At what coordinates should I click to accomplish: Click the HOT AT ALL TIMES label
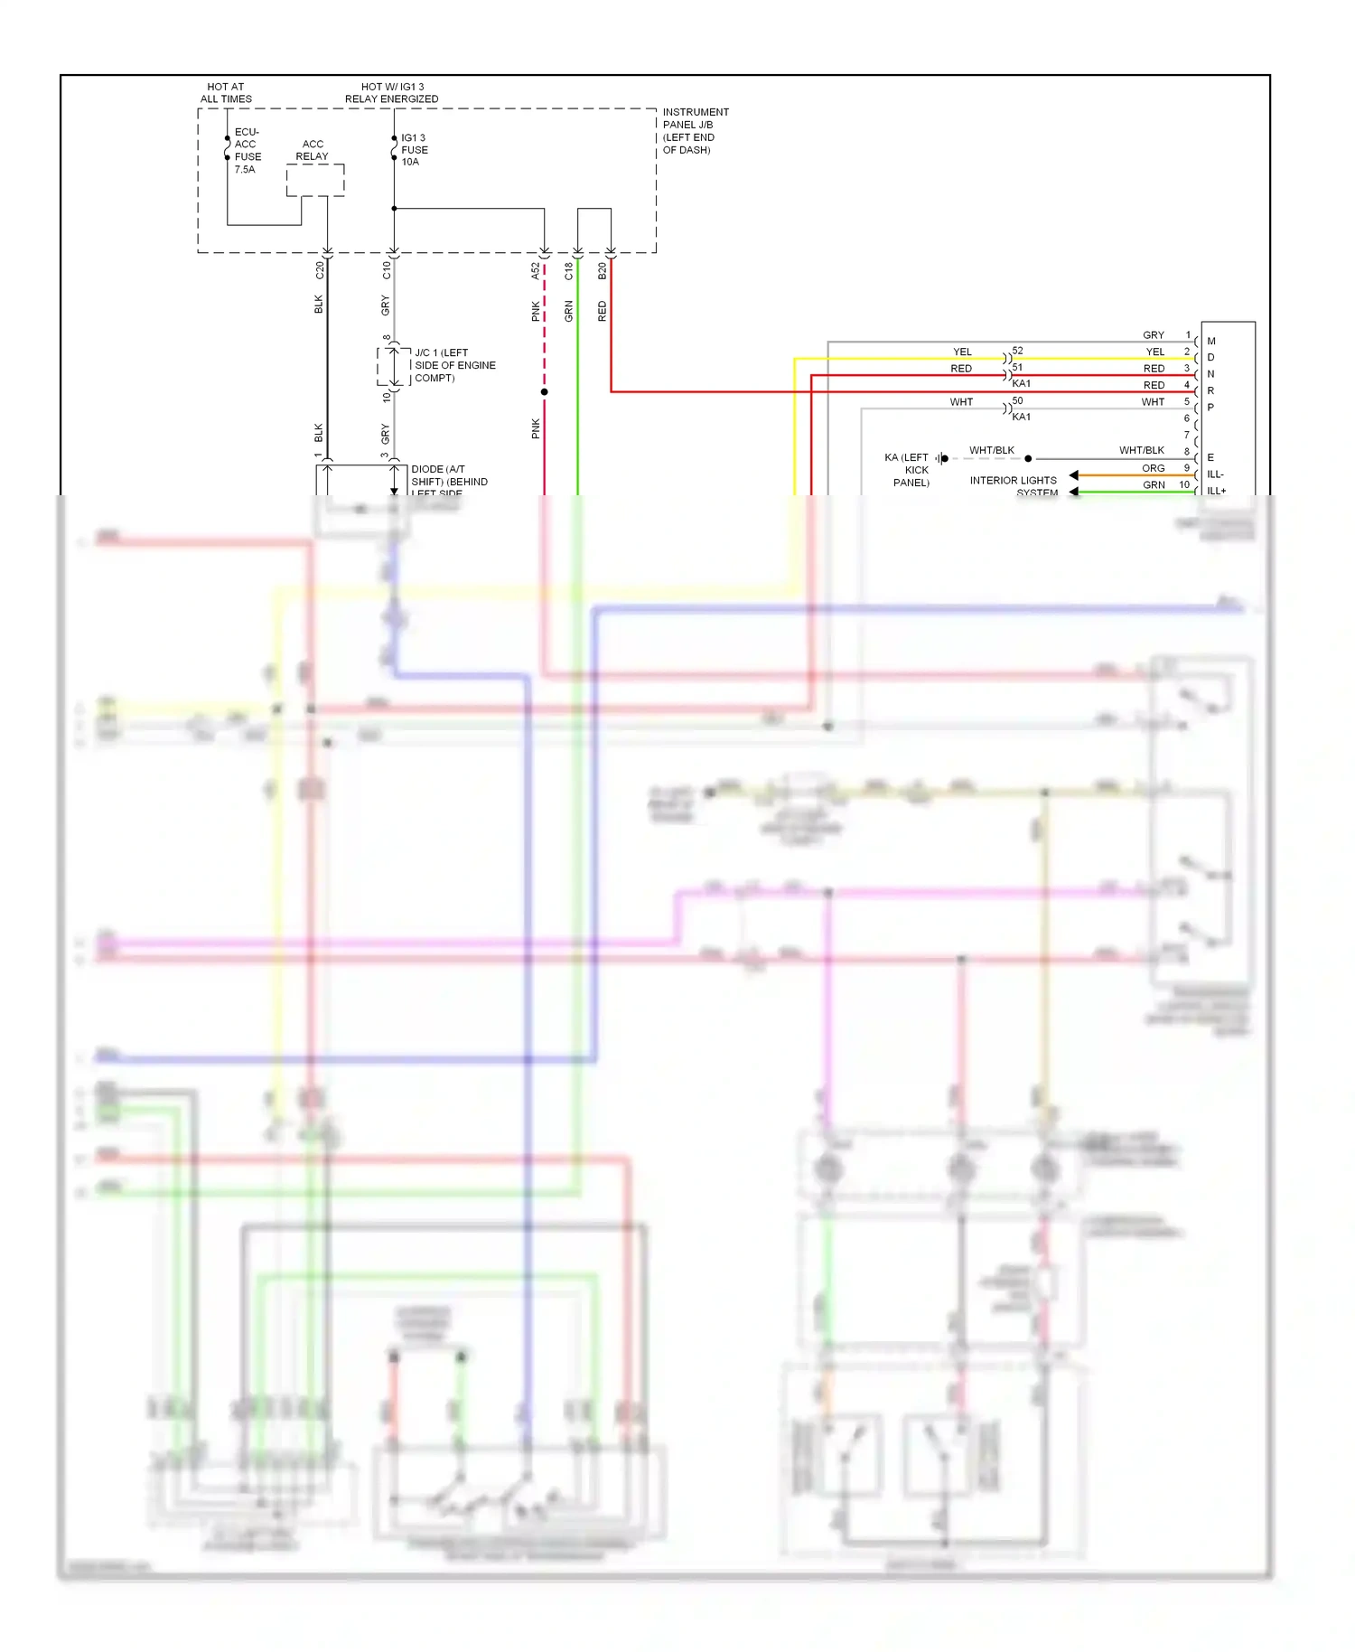226,93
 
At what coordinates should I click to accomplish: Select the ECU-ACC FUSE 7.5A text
247,150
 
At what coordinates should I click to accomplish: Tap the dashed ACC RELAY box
315,180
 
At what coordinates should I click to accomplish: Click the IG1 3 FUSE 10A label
414,150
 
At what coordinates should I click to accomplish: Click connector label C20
319,269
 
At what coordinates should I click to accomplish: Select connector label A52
535,270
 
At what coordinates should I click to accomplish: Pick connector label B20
602,270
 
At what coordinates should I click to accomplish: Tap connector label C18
568,270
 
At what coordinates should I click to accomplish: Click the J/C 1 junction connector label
454,365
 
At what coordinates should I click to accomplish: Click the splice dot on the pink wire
544,392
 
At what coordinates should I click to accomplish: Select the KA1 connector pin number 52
1018,351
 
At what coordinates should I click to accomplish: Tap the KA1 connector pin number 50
1018,400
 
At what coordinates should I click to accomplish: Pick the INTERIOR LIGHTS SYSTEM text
1014,486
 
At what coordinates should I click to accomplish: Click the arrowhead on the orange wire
1073,475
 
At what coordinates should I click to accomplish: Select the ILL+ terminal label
1216,491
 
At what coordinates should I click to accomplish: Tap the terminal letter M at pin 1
1211,342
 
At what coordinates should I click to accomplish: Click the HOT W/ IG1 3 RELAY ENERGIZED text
391,93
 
